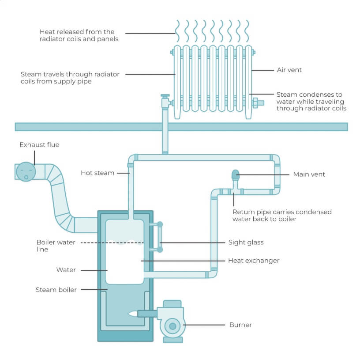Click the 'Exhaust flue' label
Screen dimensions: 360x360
39,144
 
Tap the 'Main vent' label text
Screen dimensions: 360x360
309,174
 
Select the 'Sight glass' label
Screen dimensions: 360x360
246,242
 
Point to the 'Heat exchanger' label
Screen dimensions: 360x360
253,261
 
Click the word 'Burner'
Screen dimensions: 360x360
240,325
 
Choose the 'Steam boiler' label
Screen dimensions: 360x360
56,290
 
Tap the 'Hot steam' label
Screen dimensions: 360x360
97,173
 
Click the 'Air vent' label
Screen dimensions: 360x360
289,70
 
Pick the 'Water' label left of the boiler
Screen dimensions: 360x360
66,270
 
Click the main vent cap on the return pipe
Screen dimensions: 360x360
236,174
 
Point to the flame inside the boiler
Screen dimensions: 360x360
132,314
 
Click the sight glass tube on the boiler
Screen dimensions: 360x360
160,237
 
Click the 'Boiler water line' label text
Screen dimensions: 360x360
56,246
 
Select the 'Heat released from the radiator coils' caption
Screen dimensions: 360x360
77,35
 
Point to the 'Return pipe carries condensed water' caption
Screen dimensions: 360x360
282,215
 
